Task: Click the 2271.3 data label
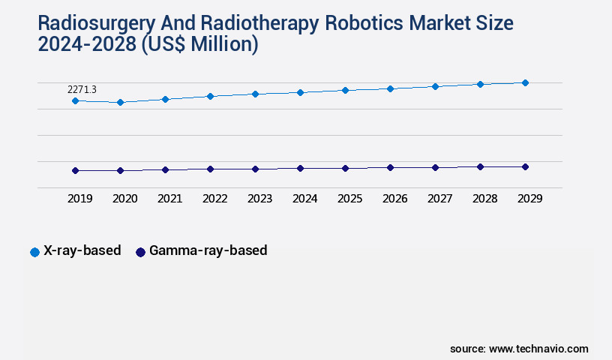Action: (x=82, y=89)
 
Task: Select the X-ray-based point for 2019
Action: (x=75, y=100)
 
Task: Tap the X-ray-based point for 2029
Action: (x=525, y=82)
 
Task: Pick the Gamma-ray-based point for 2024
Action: (x=300, y=168)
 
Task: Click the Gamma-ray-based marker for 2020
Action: (x=120, y=170)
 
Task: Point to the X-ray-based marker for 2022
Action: (x=210, y=96)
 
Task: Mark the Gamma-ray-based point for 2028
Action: (x=480, y=166)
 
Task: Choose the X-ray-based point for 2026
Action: (x=390, y=88)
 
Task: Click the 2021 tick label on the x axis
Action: (x=169, y=199)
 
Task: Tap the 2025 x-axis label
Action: (x=349, y=199)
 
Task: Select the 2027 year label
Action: (x=439, y=199)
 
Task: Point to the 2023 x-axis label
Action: (x=259, y=199)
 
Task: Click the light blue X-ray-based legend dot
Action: (x=34, y=252)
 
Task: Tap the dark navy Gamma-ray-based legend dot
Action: (x=140, y=252)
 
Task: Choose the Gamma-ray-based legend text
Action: (x=208, y=250)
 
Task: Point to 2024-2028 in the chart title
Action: (x=83, y=45)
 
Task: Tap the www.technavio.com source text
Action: (x=538, y=349)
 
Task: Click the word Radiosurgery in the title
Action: (x=85, y=23)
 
